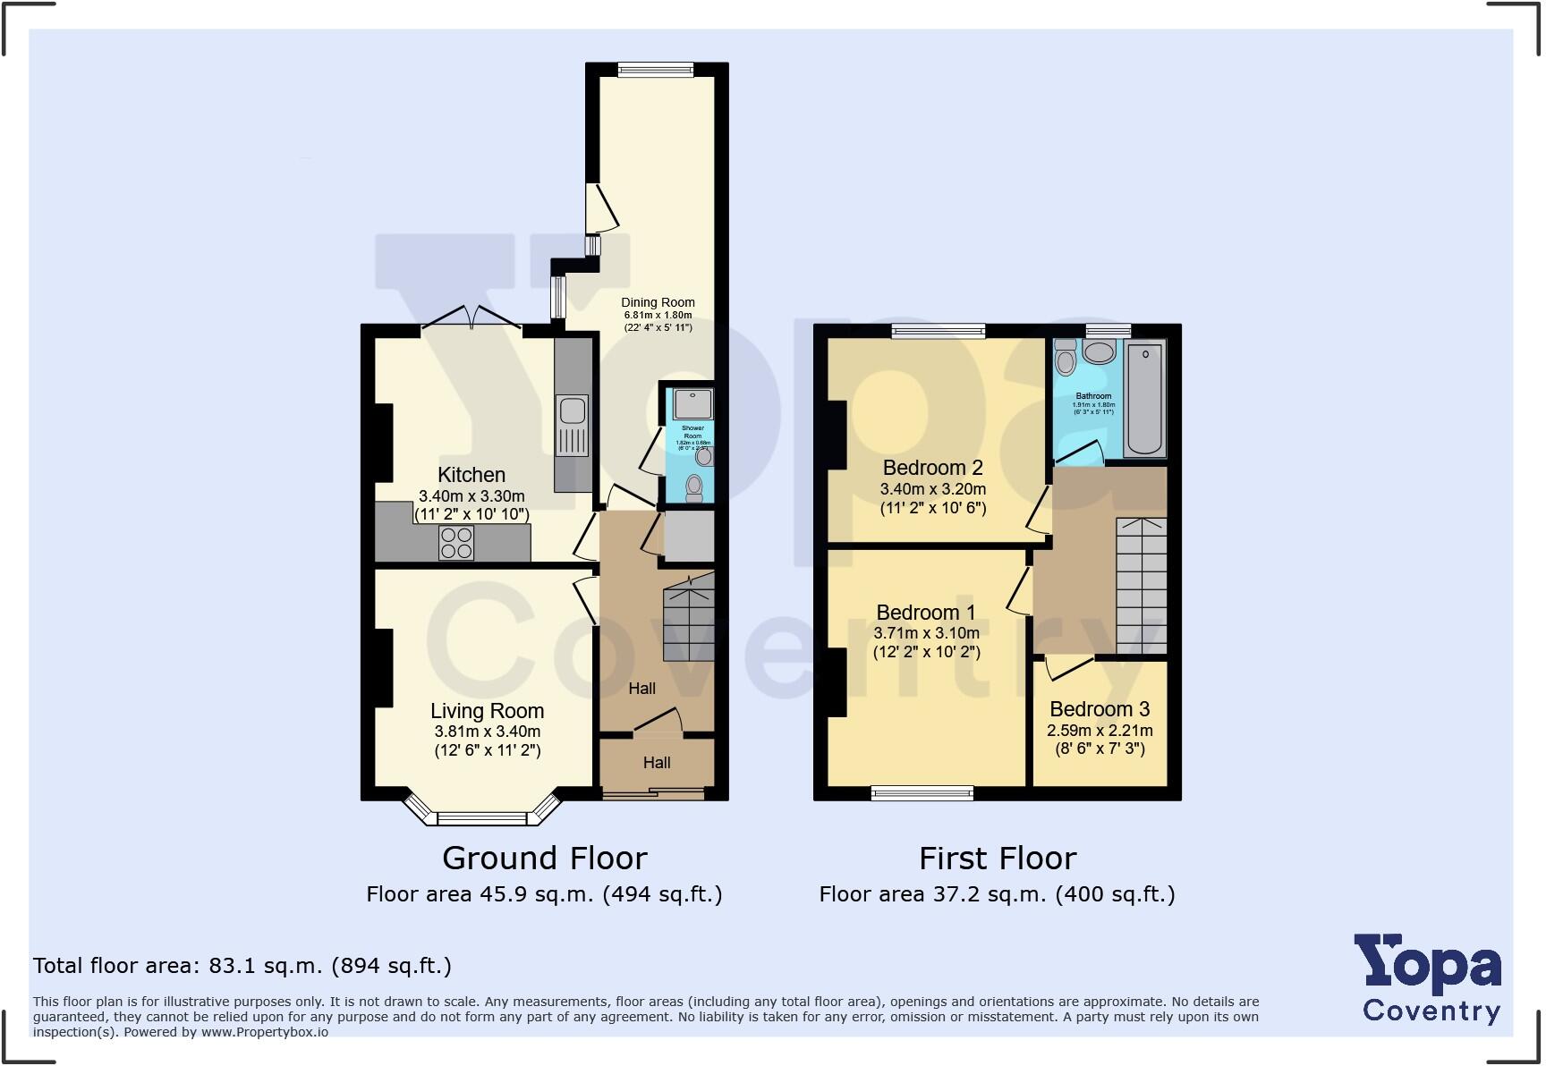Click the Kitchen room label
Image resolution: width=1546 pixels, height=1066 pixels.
tap(471, 475)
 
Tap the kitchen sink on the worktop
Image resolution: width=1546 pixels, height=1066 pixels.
tap(573, 412)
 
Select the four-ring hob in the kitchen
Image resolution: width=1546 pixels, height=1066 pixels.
tap(456, 543)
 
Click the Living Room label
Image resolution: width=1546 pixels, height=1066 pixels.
tap(487, 711)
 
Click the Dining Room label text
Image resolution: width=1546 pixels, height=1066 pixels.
tap(658, 302)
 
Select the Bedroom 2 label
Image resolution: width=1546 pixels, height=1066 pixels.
tap(932, 468)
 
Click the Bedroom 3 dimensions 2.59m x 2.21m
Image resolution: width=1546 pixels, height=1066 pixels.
tap(1100, 731)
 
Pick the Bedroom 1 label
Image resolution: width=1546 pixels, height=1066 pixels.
tap(926, 613)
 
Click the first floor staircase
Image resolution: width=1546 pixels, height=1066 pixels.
tap(1141, 586)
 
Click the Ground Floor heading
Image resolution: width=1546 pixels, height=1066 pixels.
tap(544, 859)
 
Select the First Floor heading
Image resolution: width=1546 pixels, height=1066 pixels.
tap(998, 859)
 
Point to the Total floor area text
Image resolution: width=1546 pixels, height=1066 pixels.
tap(242, 966)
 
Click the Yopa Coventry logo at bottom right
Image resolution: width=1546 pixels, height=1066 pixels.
tap(1430, 979)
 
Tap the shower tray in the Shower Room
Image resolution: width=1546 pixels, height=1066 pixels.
tap(692, 403)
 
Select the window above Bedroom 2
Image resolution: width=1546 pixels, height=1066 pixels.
tap(938, 331)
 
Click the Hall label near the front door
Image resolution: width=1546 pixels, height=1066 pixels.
tap(656, 763)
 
